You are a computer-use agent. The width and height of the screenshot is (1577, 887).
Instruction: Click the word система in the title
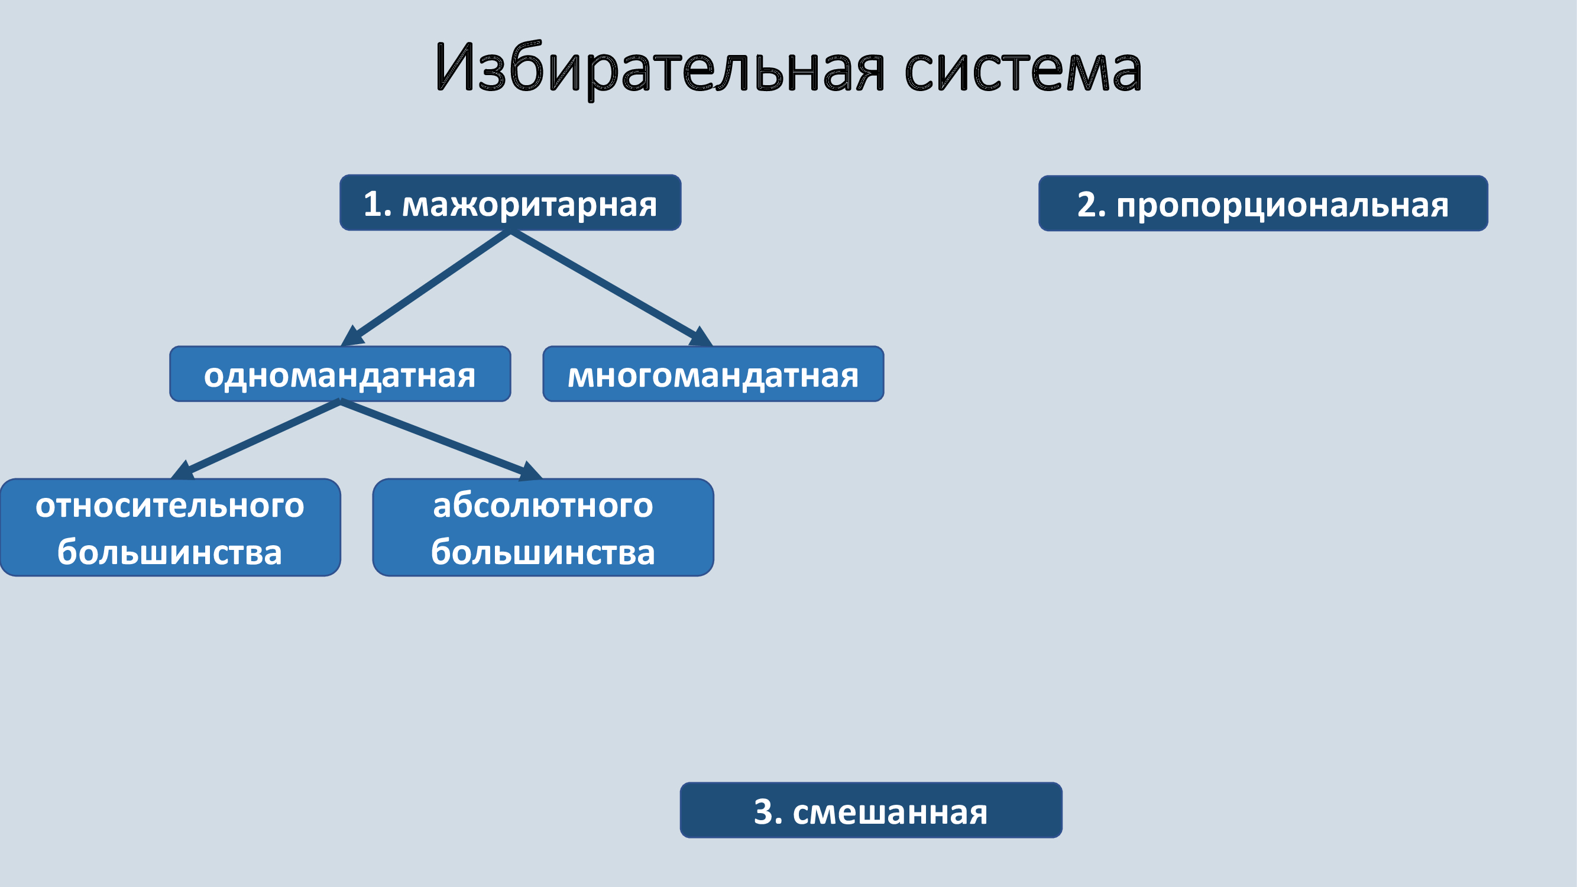(1023, 72)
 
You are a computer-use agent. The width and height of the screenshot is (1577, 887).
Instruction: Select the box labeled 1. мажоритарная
(510, 203)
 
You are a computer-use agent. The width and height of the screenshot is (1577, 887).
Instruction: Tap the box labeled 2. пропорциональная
(1263, 203)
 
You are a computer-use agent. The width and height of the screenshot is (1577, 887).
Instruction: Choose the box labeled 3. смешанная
(871, 810)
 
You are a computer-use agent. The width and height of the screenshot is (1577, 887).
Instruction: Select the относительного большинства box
(170, 527)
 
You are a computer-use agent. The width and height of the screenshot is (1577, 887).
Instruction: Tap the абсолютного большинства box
(543, 527)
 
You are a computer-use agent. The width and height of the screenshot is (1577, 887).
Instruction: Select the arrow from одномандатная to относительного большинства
(255, 439)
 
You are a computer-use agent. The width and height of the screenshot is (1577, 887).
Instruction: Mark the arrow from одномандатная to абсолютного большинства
(441, 439)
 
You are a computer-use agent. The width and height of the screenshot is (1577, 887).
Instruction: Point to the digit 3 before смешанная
(763, 812)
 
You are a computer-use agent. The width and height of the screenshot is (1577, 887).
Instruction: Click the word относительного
(170, 506)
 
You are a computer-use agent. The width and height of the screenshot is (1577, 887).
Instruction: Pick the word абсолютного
(543, 506)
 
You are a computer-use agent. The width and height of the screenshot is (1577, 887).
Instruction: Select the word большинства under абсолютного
(543, 552)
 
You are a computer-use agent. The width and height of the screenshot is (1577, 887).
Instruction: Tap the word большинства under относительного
(170, 552)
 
